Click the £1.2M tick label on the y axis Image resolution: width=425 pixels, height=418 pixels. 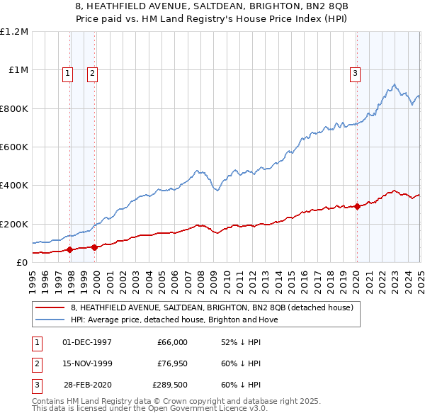tap(14, 32)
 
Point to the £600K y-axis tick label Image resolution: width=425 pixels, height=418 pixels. tap(14, 147)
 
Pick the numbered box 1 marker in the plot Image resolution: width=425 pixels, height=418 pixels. tap(67, 72)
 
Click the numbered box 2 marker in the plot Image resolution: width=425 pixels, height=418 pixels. tap(93, 72)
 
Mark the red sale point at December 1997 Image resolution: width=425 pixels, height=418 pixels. tap(70, 249)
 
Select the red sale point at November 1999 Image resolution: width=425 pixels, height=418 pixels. tap(95, 247)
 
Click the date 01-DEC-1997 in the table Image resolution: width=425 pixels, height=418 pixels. tap(87, 342)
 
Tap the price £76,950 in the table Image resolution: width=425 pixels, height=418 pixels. tap(172, 363)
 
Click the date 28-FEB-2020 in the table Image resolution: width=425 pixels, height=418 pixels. tap(87, 385)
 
